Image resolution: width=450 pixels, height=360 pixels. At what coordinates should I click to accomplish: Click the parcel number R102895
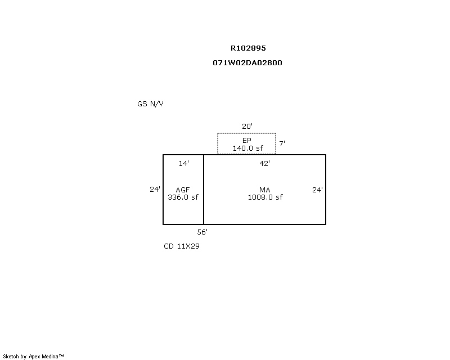pos(248,48)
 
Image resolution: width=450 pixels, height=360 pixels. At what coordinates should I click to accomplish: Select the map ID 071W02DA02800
pos(247,62)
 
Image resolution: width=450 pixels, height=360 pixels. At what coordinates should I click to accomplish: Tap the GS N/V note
pos(150,103)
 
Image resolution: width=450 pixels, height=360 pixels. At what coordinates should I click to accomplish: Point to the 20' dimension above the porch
pos(247,126)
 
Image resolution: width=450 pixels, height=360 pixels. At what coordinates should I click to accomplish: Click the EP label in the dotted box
pos(247,141)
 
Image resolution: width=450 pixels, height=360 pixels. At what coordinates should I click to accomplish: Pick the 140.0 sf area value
pos(247,148)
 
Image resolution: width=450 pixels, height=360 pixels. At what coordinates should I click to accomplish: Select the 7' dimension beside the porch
pos(282,143)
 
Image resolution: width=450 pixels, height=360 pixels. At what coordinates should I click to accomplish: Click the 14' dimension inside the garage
pos(184,163)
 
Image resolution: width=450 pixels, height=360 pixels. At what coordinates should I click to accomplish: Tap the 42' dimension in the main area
pos(264,163)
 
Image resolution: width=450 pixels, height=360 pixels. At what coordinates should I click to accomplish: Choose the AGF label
pos(183,190)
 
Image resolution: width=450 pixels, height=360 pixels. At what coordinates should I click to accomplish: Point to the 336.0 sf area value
pos(183,197)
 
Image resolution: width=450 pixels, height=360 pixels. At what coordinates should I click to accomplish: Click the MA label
pos(264,190)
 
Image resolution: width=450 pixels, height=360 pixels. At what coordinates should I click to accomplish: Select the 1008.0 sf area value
pos(265,197)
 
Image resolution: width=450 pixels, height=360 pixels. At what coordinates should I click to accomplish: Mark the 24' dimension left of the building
pos(155,189)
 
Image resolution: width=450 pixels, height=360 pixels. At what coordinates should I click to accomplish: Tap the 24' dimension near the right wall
pos(317,190)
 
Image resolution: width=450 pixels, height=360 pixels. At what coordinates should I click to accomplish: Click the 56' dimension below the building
pos(202,232)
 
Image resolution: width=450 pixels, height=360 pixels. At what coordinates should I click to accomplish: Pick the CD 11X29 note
pos(182,246)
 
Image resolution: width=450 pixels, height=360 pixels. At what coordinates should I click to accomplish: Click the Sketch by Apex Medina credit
pos(33,357)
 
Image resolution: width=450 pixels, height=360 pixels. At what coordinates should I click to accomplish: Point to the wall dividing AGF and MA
pos(204,190)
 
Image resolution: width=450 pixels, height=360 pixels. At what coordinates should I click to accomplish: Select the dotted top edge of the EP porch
pos(246,133)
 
